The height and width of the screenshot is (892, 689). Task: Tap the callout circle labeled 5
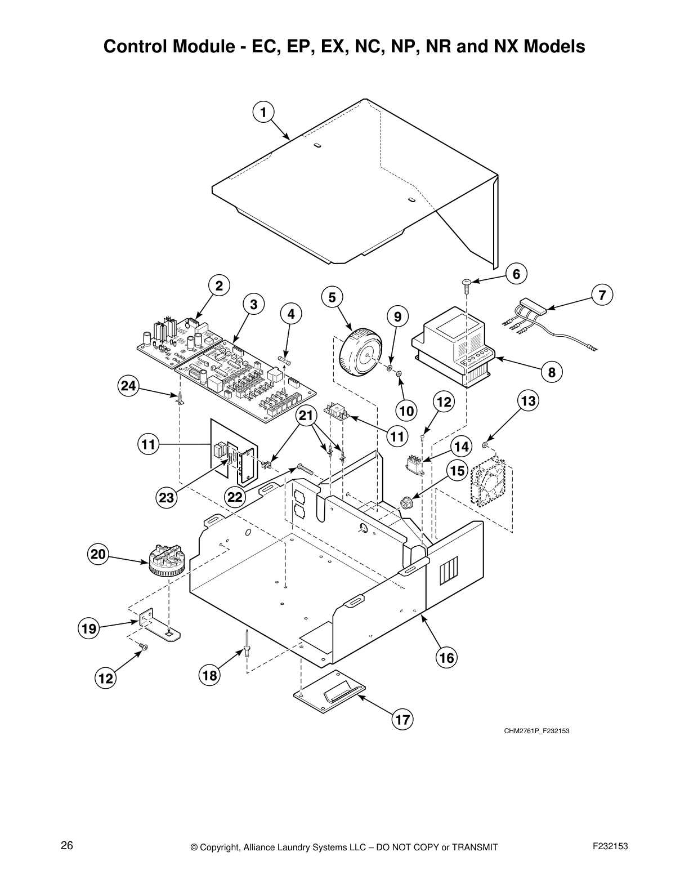coord(332,297)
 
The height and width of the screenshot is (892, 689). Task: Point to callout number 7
coord(602,295)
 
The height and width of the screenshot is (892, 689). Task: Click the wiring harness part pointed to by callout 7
coord(532,310)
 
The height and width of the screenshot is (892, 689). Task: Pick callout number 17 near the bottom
coord(402,719)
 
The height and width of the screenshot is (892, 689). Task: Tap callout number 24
coord(128,386)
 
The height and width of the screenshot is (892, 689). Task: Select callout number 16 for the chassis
coord(447,658)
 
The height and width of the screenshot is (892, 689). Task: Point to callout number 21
coord(306,416)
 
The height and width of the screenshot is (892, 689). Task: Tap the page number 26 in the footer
coord(67,846)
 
